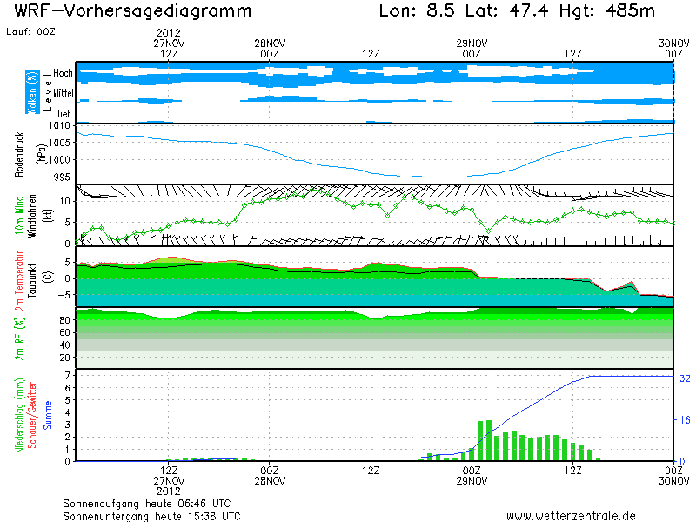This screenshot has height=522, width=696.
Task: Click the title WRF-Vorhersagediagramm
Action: tap(133, 11)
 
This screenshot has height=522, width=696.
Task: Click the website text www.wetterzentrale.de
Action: tap(571, 516)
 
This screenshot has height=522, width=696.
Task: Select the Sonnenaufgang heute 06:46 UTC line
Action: tap(147, 503)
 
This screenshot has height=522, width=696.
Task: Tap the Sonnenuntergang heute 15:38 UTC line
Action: tap(151, 516)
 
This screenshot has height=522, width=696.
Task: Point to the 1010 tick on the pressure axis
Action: tap(60, 127)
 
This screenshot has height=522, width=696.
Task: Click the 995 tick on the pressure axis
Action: tap(63, 177)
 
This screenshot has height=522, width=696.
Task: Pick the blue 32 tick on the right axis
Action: tap(685, 378)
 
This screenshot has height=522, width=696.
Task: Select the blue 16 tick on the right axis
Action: tap(685, 420)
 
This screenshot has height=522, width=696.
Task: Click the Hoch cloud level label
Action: tap(63, 73)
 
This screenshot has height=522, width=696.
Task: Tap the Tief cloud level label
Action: tap(63, 113)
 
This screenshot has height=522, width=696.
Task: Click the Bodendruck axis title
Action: tap(19, 153)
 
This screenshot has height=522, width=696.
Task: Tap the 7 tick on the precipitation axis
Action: tap(67, 375)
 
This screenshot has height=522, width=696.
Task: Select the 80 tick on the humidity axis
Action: tap(64, 321)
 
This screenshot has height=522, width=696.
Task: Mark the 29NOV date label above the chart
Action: tap(472, 42)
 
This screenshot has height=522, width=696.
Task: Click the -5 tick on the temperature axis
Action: tap(64, 295)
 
